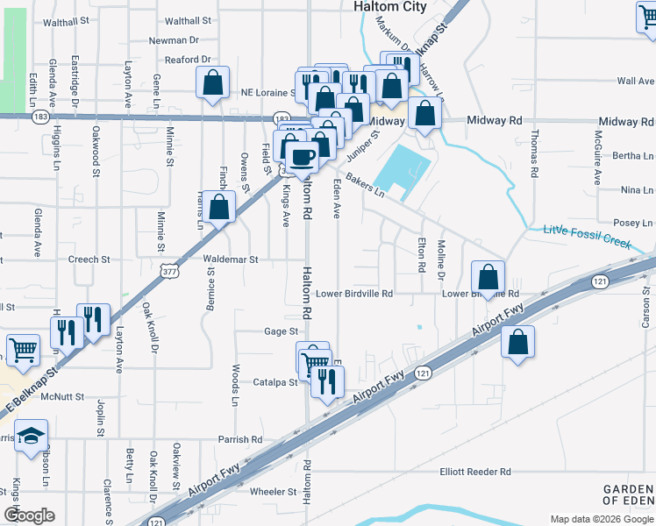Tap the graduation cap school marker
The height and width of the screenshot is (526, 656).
31,436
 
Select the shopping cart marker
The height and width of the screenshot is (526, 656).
23,350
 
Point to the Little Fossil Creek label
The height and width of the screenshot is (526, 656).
587,237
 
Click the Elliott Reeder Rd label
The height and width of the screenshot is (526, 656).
475,472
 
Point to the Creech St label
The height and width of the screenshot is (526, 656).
89,259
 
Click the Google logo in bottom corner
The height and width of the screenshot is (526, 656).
29,515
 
